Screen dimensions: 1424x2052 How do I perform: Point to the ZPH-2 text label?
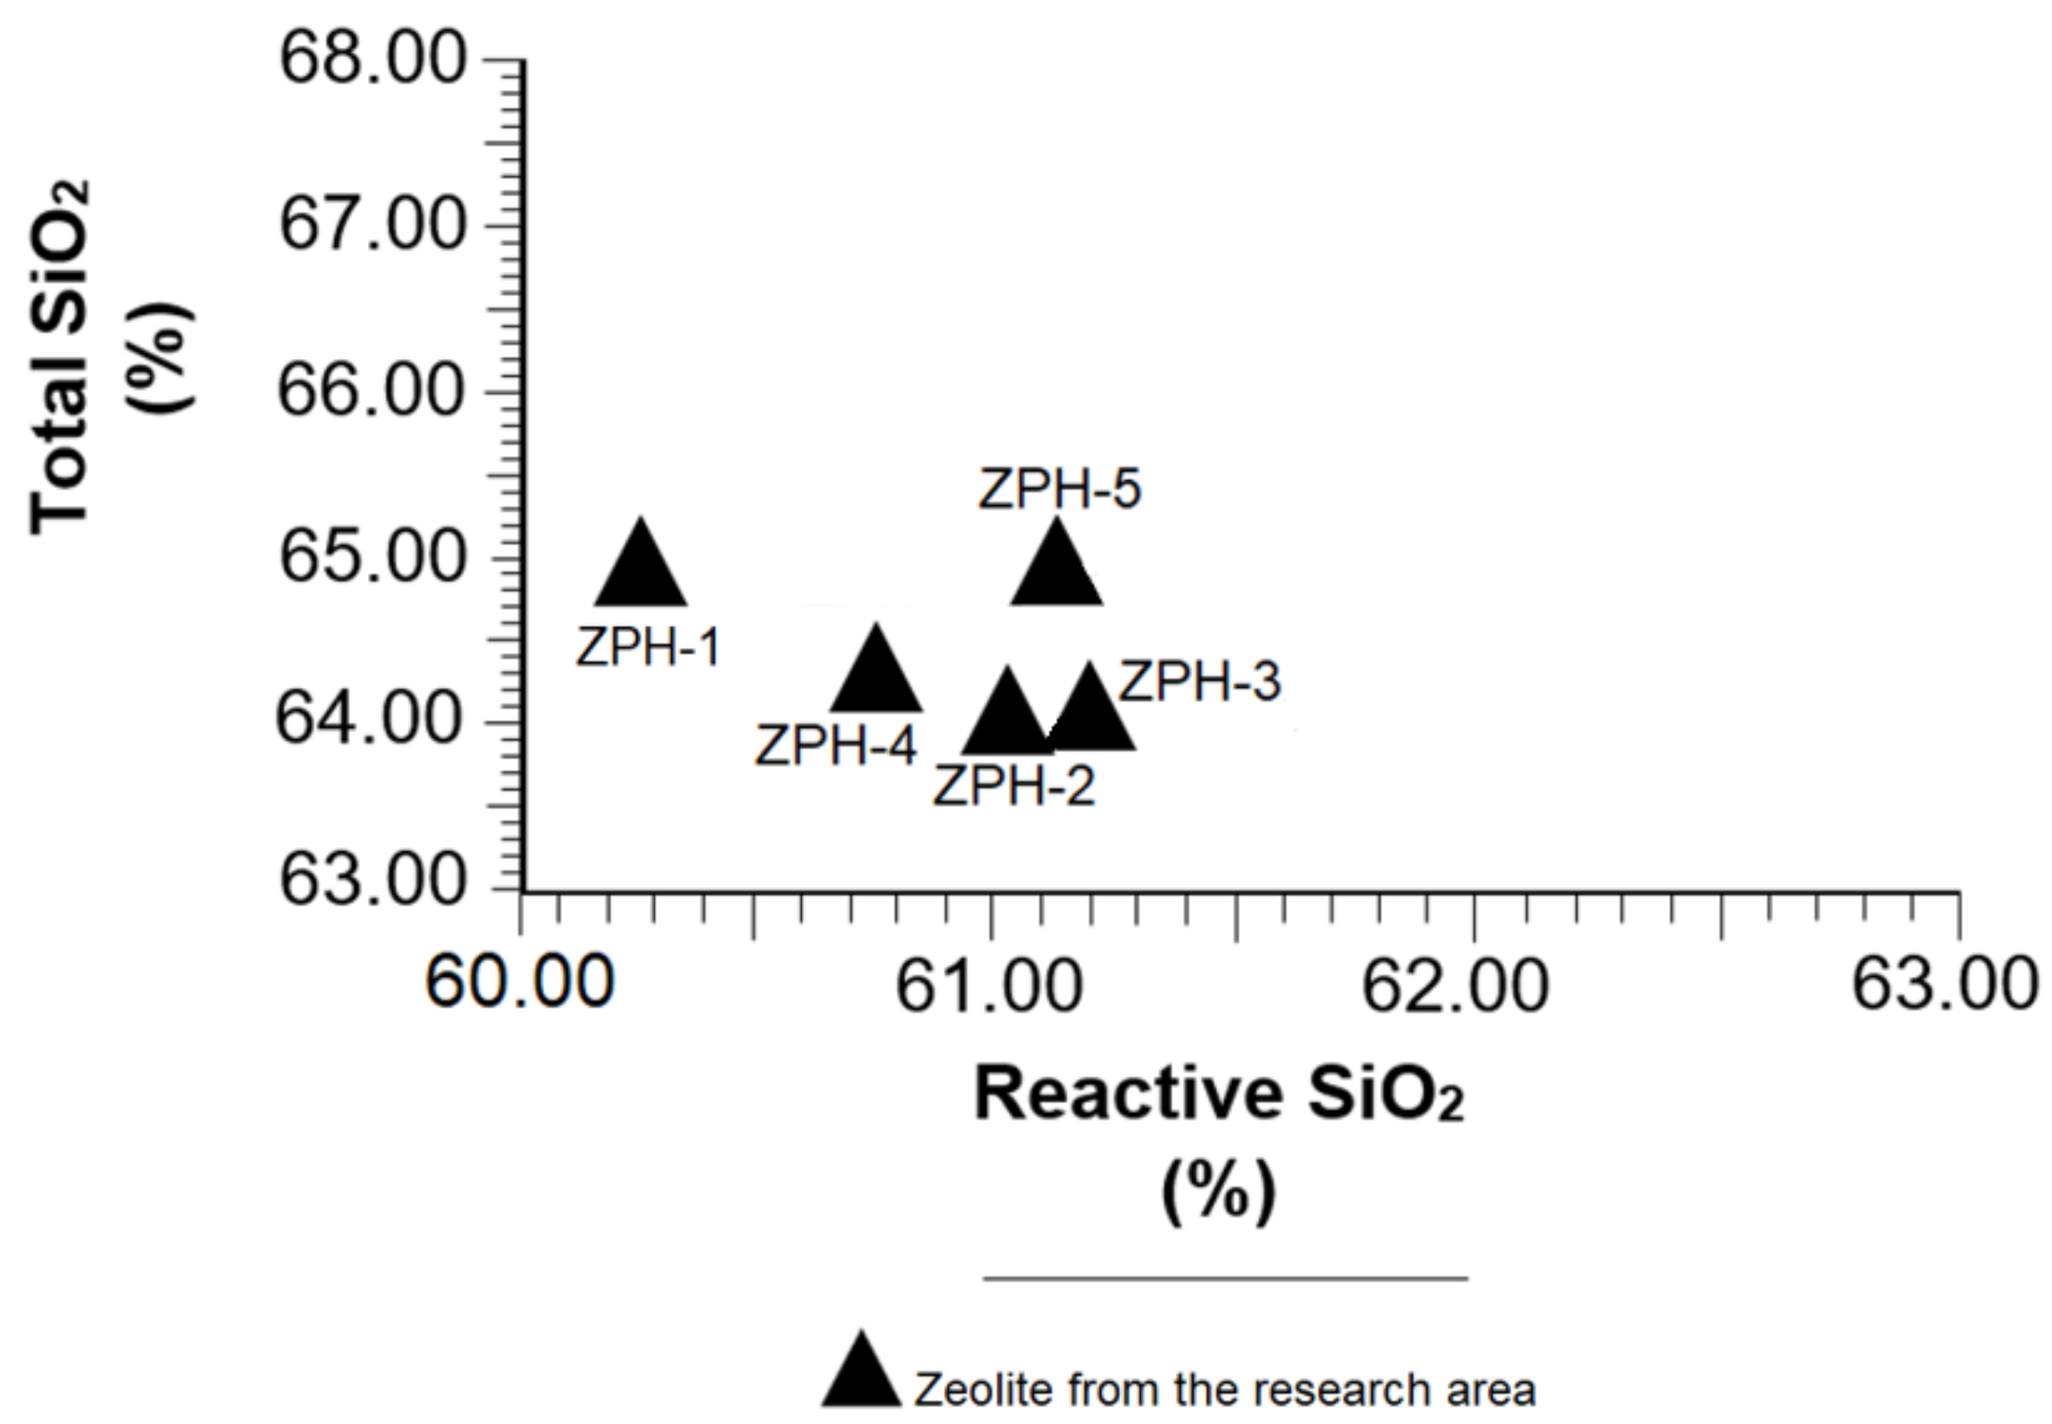click(x=1014, y=786)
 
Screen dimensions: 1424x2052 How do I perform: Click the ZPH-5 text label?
click(x=1060, y=490)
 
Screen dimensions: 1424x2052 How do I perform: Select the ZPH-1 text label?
click(x=648, y=647)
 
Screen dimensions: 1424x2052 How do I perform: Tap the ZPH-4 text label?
click(x=837, y=746)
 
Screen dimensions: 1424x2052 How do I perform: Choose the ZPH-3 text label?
click(x=1201, y=682)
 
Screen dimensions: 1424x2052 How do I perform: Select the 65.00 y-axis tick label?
click(x=373, y=558)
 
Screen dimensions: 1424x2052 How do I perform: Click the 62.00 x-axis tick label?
click(x=1456, y=988)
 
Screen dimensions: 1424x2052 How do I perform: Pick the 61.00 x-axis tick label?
click(x=989, y=988)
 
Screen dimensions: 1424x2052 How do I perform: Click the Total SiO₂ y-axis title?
click(x=60, y=357)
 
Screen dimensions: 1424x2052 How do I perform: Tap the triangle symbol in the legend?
click(x=861, y=1375)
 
